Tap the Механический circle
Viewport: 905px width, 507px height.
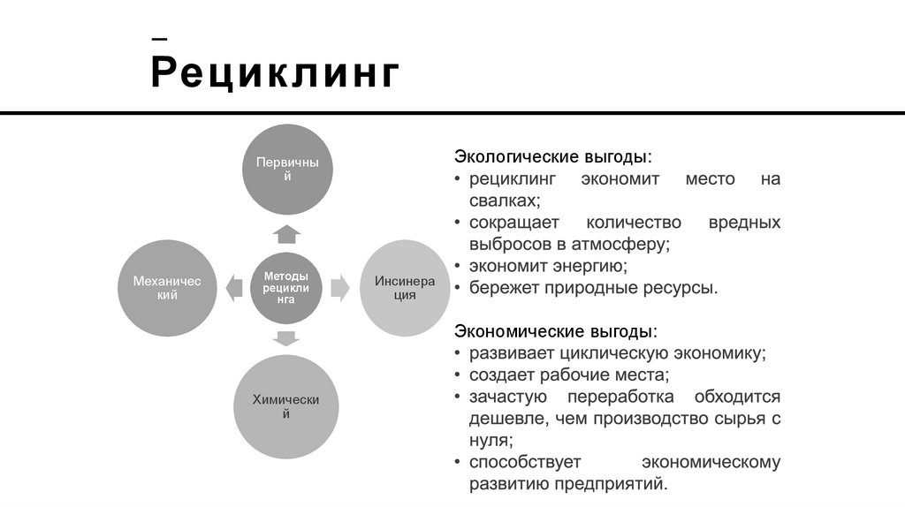tap(167, 287)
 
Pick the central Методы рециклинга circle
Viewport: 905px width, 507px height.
tap(285, 288)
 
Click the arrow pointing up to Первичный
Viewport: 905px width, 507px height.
tap(286, 234)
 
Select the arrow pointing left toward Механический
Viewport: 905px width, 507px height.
tap(233, 288)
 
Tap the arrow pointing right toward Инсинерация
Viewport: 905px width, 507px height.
tap(339, 288)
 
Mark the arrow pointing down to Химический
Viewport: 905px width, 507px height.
tap(285, 338)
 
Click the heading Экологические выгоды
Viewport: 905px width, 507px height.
tap(553, 156)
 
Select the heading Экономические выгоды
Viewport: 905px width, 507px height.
tap(555, 331)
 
